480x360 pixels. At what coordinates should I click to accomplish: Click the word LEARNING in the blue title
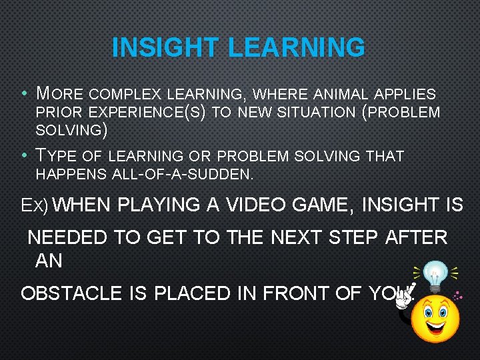pyautogui.click(x=297, y=48)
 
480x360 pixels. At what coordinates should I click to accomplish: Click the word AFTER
pyautogui.click(x=416, y=237)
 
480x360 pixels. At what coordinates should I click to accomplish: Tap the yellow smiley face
pyautogui.click(x=435, y=319)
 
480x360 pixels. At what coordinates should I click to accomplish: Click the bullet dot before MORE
pyautogui.click(x=24, y=94)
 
